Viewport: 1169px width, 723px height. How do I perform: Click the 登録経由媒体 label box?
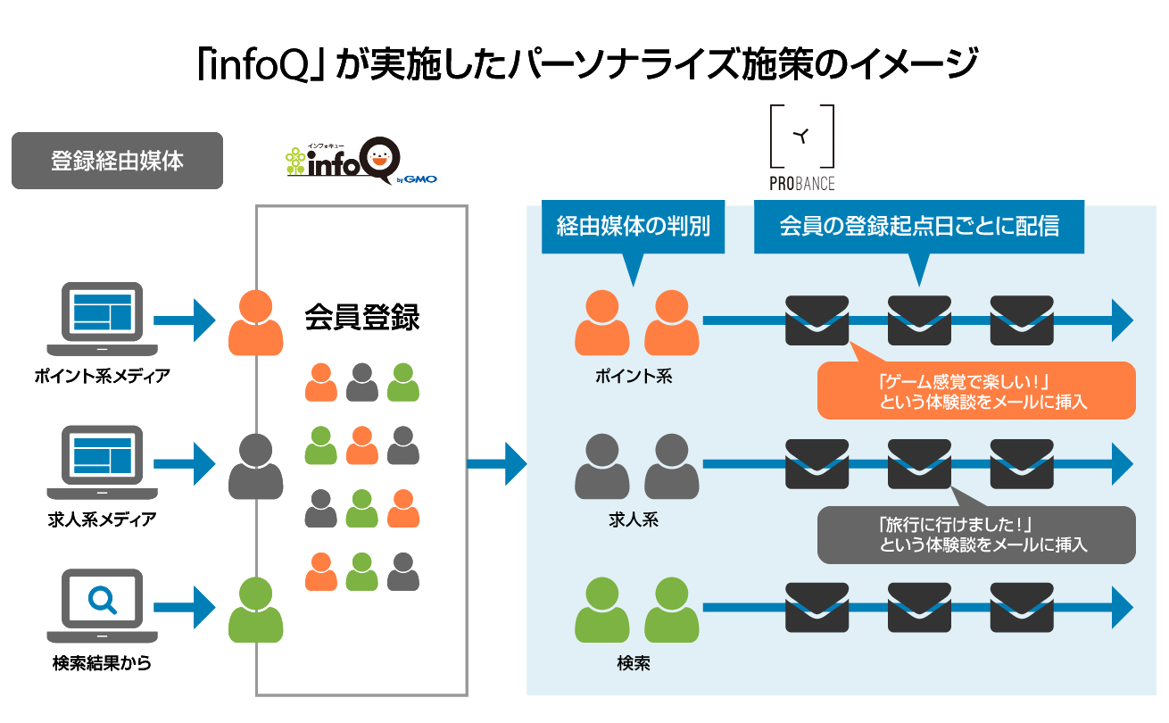117,162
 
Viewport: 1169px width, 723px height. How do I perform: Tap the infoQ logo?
361,163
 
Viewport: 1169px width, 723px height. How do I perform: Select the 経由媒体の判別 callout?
633,228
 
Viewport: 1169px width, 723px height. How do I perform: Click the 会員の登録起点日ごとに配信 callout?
918,228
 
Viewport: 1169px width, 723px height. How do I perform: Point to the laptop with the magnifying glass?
102,607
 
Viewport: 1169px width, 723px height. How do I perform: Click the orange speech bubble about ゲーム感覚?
976,391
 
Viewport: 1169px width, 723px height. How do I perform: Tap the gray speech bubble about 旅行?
976,535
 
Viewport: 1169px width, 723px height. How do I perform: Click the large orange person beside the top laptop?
256,323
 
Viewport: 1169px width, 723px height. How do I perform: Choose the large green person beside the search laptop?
256,611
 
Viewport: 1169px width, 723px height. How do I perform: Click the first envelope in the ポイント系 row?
817,320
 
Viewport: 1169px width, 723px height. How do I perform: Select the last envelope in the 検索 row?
1022,608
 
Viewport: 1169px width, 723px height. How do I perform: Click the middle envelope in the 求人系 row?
919,464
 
